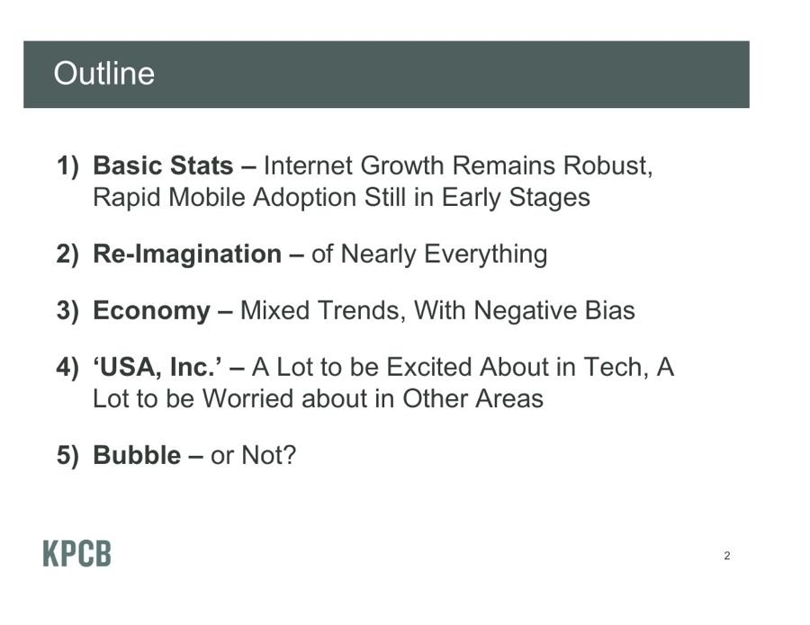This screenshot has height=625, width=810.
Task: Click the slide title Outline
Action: coord(103,73)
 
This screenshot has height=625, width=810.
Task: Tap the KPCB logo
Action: coord(77,554)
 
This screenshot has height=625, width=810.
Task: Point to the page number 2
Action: coord(727,556)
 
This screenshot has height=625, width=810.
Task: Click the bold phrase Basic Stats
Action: coord(163,165)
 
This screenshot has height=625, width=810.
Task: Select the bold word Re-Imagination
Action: coord(187,254)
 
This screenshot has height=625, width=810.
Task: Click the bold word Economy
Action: coord(151,311)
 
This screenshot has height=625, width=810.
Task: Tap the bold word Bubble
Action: coord(137,455)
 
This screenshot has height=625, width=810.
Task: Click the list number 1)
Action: coord(67,166)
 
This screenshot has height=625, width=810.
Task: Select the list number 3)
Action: coord(67,310)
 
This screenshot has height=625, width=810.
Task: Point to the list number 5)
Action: coord(67,455)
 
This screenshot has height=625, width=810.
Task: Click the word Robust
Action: coord(608,165)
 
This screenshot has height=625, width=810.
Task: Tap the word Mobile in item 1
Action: coord(207,197)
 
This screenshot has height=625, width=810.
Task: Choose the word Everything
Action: coord(486,254)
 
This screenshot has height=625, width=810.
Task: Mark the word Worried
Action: coord(248,398)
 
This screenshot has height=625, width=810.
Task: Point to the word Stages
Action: coord(549,198)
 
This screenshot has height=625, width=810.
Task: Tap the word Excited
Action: coord(428,367)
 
